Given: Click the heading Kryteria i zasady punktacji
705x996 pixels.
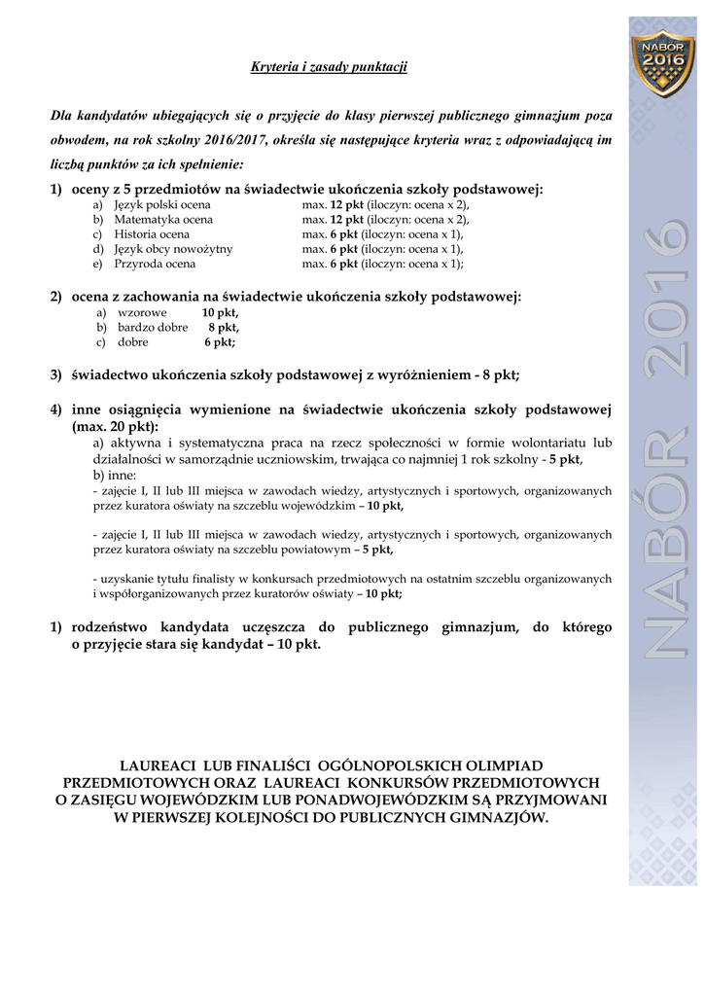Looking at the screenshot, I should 329,67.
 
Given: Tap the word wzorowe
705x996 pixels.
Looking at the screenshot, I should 142,312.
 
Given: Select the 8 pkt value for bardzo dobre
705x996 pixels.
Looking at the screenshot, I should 223,327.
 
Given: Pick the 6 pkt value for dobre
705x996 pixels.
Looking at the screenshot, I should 220,341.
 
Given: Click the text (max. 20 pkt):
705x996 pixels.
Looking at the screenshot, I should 115,426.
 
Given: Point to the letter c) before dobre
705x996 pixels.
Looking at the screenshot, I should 100,341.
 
